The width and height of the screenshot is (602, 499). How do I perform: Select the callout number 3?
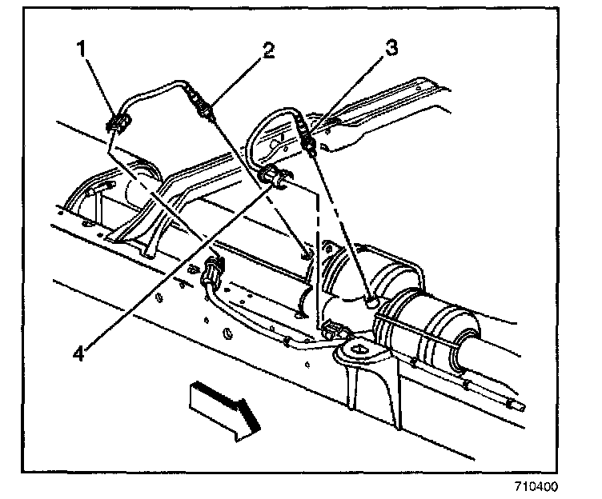click(x=391, y=49)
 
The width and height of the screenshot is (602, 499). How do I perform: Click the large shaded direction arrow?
click(x=223, y=409)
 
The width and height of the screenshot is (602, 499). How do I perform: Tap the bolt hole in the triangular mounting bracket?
click(x=354, y=349)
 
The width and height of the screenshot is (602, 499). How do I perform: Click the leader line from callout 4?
click(x=176, y=265)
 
